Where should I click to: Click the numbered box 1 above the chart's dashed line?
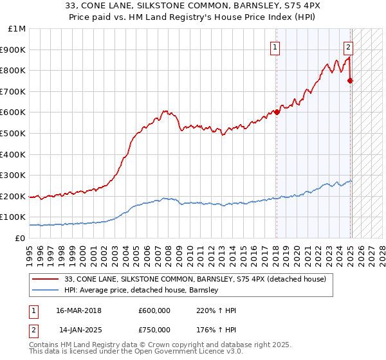[275, 47]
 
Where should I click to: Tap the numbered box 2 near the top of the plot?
[348, 47]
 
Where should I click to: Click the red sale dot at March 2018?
[277, 112]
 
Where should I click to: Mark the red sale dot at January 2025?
[351, 80]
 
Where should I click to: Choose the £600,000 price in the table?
[154, 310]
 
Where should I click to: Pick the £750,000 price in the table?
[154, 330]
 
